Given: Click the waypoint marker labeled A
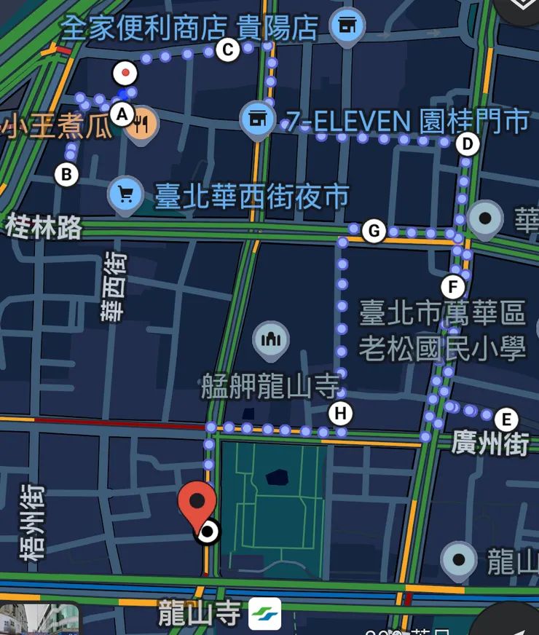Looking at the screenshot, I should point(122,114).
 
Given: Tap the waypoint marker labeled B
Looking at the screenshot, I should point(66,175).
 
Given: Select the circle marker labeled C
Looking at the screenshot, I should point(227,50).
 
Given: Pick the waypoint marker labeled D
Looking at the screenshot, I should point(467,144).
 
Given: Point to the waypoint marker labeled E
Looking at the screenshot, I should point(505,419).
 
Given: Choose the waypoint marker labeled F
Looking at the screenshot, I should point(453,285).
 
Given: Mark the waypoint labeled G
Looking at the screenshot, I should point(374,232).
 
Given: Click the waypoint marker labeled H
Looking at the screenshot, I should point(339,414).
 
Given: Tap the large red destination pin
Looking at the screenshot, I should point(197,503).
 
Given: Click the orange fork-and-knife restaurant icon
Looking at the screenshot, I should point(141,125).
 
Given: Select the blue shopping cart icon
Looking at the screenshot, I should point(125,194).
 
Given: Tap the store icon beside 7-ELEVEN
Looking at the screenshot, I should point(257,118).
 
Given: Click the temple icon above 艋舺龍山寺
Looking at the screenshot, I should point(271,339).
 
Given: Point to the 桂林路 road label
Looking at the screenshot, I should point(44,227).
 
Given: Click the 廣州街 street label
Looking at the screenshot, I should point(489,443).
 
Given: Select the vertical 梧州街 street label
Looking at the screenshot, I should point(33,524).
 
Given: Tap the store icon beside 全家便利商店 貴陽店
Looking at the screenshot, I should point(347,25).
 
